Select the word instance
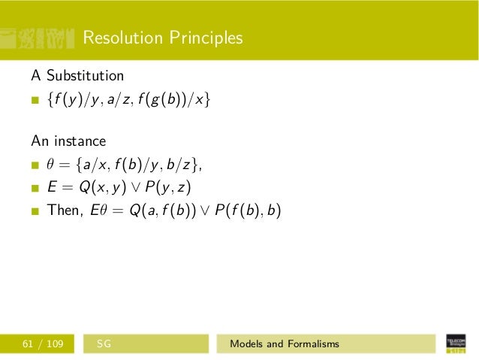[80, 141]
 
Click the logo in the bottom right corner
[455, 343]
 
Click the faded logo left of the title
[38, 38]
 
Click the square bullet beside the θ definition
[35, 165]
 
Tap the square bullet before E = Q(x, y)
[35, 188]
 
